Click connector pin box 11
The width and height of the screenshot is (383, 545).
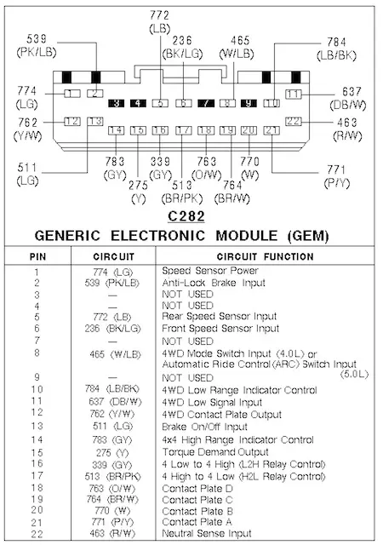[x=294, y=94]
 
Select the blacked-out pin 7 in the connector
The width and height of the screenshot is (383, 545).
[x=206, y=103]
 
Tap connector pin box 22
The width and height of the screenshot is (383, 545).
[x=294, y=121]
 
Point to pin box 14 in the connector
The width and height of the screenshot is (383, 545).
[x=116, y=130]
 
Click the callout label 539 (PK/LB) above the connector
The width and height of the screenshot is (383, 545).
[x=37, y=45]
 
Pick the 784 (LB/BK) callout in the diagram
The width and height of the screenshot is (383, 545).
[x=336, y=49]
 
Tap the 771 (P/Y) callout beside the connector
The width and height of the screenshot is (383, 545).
[x=336, y=176]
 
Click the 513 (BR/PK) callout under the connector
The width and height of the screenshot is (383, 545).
[x=182, y=192]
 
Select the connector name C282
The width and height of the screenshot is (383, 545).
[x=186, y=216]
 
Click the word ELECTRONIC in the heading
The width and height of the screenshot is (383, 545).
[x=157, y=236]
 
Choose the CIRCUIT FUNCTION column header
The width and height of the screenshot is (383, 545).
[x=266, y=256]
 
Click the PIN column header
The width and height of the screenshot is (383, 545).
[x=38, y=257]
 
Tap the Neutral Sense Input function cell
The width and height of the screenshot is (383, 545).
[x=207, y=533]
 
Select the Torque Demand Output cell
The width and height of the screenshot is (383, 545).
[x=215, y=452]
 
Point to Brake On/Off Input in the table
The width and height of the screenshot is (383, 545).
[x=205, y=427]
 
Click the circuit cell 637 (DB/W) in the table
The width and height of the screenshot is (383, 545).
[x=115, y=402]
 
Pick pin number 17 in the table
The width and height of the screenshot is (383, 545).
[x=37, y=475]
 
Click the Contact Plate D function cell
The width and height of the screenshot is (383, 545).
[x=197, y=488]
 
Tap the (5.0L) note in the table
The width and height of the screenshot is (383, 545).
[x=354, y=375]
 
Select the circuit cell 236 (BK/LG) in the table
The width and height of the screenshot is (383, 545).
[x=112, y=329]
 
